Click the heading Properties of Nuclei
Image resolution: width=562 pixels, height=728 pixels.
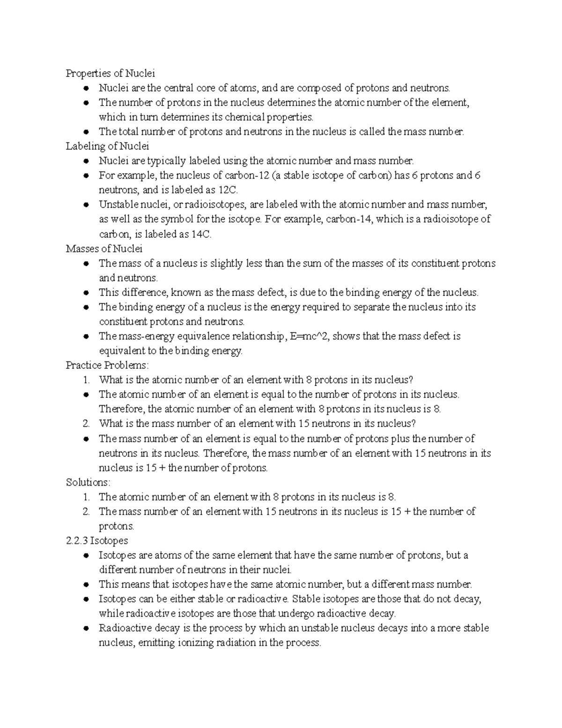pyautogui.click(x=110, y=73)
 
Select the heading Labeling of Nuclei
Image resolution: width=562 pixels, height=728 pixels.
pyautogui.click(x=107, y=146)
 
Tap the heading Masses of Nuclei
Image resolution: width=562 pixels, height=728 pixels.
pyautogui.click(x=104, y=248)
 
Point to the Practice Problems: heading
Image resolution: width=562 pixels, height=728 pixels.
pyautogui.click(x=107, y=365)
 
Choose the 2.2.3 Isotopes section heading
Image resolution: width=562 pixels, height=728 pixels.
pyautogui.click(x=97, y=540)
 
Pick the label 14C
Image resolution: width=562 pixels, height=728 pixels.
pyautogui.click(x=201, y=234)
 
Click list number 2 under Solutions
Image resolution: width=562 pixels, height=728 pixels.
pyautogui.click(x=86, y=511)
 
